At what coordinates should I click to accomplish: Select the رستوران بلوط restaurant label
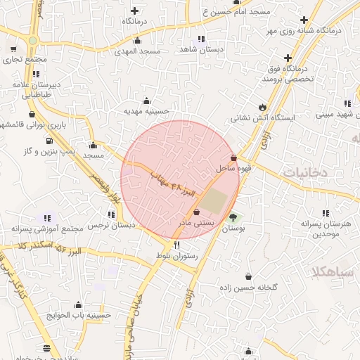(x=176, y=257)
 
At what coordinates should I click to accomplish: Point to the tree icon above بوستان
(x=233, y=217)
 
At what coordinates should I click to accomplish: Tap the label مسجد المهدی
(x=141, y=51)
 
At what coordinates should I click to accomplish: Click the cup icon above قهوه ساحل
(x=233, y=157)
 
